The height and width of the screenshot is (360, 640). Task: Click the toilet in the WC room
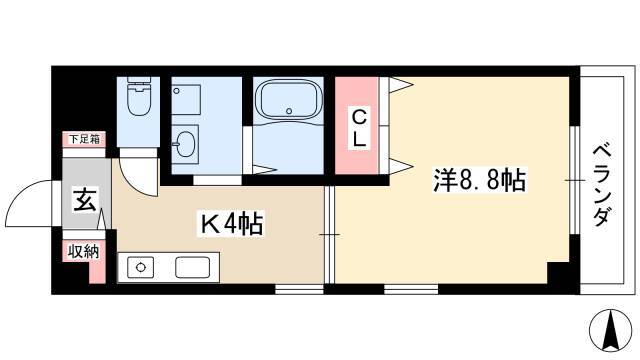click(x=139, y=96)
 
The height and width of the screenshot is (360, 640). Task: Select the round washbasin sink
click(x=186, y=143)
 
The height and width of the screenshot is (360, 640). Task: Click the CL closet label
click(x=359, y=129)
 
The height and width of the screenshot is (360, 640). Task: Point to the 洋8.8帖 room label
click(x=480, y=180)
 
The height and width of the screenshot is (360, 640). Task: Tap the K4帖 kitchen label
click(x=231, y=223)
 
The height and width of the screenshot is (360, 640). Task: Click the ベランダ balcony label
click(x=602, y=186)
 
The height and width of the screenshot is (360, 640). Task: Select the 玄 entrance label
click(x=85, y=200)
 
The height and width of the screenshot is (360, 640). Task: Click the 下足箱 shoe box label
click(x=84, y=139)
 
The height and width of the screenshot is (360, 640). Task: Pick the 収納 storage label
click(x=83, y=252)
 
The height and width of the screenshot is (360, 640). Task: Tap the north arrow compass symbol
click(x=611, y=330)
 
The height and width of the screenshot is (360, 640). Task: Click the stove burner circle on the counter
click(x=141, y=267)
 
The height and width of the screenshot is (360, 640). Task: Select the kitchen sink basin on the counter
click(x=193, y=267)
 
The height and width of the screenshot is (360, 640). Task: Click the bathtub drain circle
click(x=289, y=111)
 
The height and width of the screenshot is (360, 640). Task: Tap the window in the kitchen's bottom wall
click(x=299, y=289)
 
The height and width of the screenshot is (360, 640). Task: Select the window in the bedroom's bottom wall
click(x=411, y=289)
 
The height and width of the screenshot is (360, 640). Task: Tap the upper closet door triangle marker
click(x=400, y=84)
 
